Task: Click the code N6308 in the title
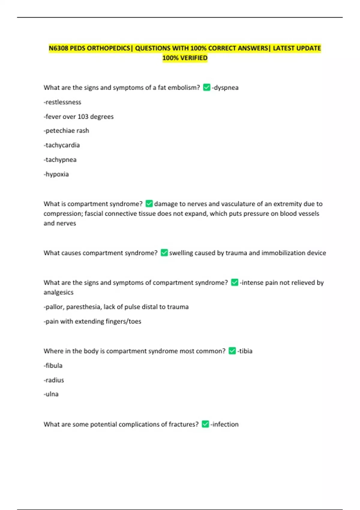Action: pos(58,48)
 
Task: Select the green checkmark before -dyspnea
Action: pos(206,87)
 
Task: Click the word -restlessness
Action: pos(62,102)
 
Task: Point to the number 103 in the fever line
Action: pos(83,116)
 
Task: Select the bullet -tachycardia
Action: pos(62,145)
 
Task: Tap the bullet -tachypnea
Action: pos(60,160)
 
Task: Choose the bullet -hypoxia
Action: pos(56,174)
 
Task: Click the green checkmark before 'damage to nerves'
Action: pos(149,204)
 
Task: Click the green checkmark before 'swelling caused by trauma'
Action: pos(164,253)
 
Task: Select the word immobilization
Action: pos(283,253)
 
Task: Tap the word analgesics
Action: pos(58,292)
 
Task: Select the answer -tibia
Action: pos(245,351)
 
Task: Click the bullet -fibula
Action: pos(53,365)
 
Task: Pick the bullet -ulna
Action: pos(51,394)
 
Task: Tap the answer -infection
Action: pos(224,424)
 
